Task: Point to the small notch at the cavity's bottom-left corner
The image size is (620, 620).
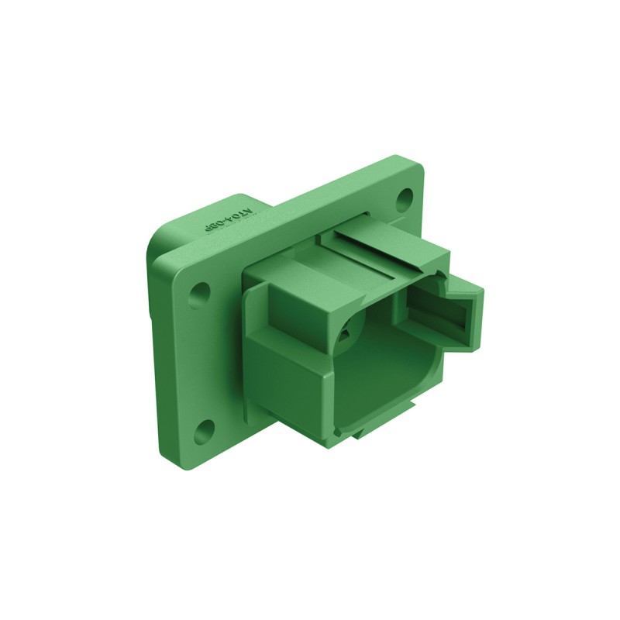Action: tap(339, 428)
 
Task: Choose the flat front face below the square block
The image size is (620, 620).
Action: tap(287, 372)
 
